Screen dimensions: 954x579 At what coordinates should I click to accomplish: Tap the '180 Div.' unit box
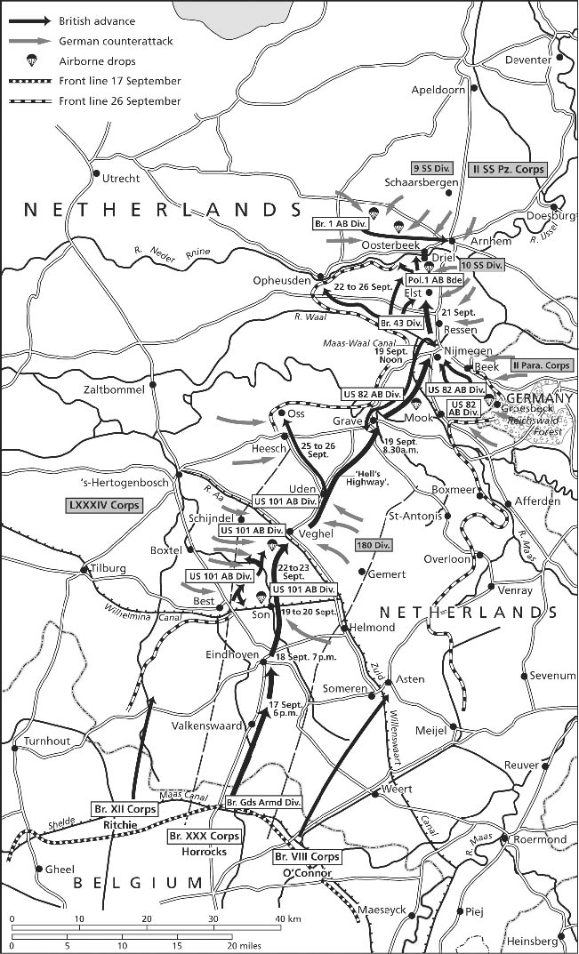[374, 544]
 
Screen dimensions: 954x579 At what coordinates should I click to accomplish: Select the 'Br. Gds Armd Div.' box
[263, 803]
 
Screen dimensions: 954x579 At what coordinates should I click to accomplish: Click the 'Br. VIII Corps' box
[304, 857]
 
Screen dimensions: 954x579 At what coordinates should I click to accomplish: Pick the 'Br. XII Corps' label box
[125, 809]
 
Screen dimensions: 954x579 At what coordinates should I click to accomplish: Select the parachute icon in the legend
[32, 61]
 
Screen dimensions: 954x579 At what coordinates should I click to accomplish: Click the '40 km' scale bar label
[288, 918]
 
